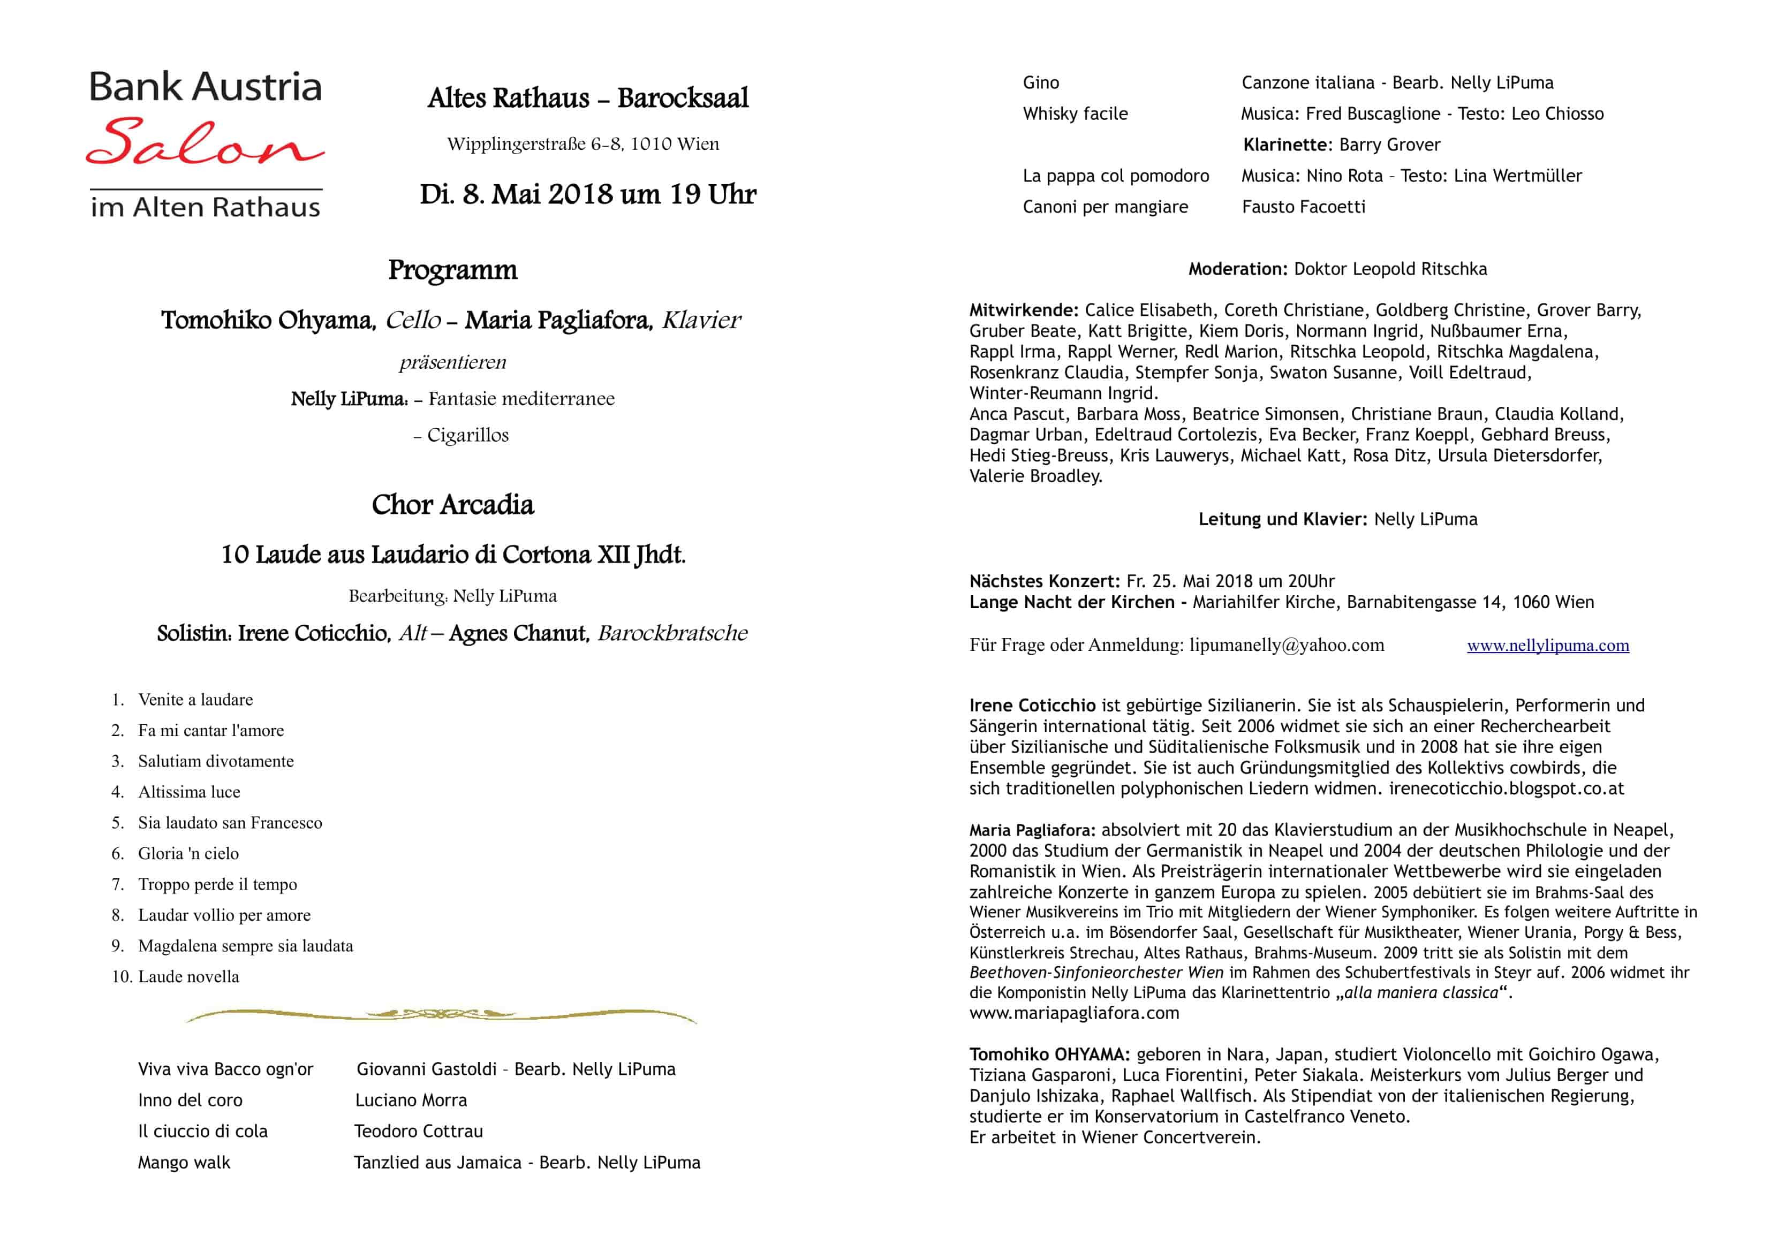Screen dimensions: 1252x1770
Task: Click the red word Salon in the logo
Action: (x=205, y=142)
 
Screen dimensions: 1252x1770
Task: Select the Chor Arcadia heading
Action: (x=452, y=505)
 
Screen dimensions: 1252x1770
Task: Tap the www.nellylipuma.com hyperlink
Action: (x=1547, y=646)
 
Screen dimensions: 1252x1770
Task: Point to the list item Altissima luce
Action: (x=189, y=792)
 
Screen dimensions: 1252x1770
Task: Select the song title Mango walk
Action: (x=184, y=1163)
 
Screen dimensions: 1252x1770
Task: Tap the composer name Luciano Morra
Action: (x=411, y=1100)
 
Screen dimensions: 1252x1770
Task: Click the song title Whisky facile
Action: (x=1075, y=114)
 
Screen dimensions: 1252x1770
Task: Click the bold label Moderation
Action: (x=1237, y=269)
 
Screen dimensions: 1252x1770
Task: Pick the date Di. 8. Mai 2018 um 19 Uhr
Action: (x=587, y=194)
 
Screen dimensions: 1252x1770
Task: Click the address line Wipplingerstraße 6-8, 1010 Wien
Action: (x=583, y=144)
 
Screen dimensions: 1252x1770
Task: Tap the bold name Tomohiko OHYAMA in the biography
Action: (x=1049, y=1054)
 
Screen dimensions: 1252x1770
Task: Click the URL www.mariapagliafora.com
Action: (x=1074, y=1014)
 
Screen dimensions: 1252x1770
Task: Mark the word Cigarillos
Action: (x=468, y=436)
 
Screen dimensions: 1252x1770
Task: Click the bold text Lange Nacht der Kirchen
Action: (x=1071, y=602)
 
